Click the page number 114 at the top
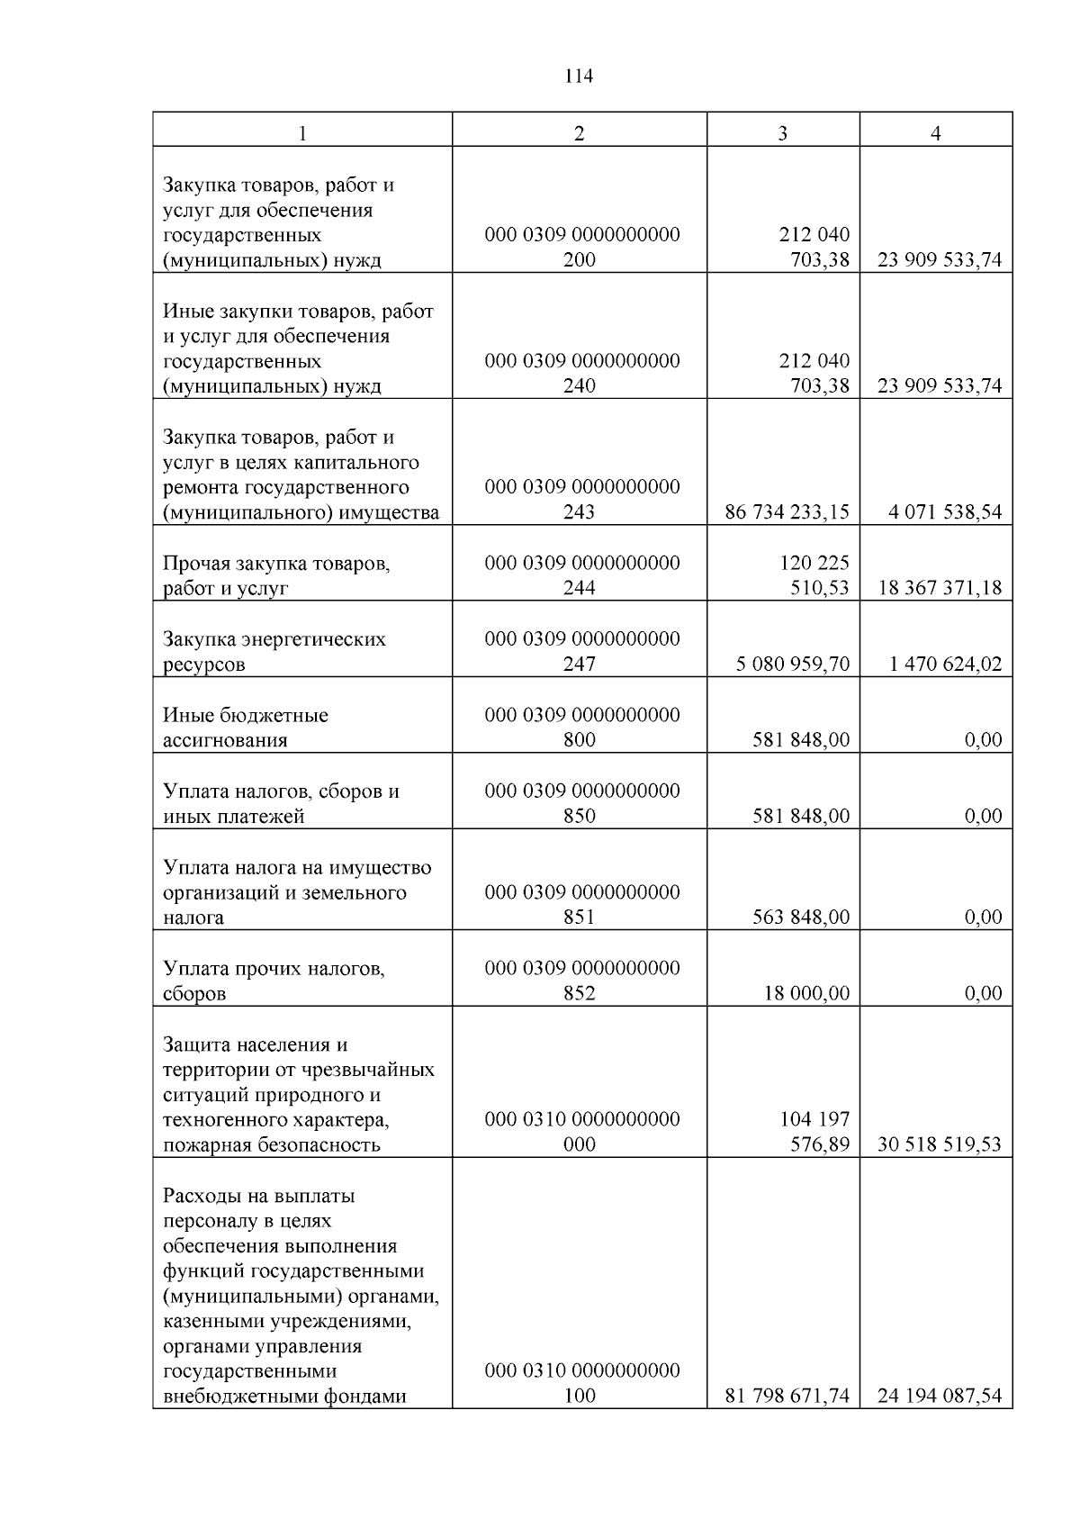tap(579, 77)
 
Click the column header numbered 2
tap(579, 133)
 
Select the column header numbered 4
tap(936, 133)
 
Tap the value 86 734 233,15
tap(787, 512)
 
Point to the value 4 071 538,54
tap(944, 512)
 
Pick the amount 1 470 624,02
tap(944, 665)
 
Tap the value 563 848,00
tap(800, 917)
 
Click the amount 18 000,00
tap(805, 993)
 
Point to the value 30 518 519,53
tap(939, 1144)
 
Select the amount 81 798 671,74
tap(787, 1397)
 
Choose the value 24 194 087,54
tap(939, 1397)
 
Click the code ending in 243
tap(581, 500)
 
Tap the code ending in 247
tap(581, 652)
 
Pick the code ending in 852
tap(581, 981)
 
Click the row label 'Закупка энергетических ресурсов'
tap(274, 652)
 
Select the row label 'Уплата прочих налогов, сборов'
tap(274, 981)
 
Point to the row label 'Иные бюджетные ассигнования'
tap(245, 728)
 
